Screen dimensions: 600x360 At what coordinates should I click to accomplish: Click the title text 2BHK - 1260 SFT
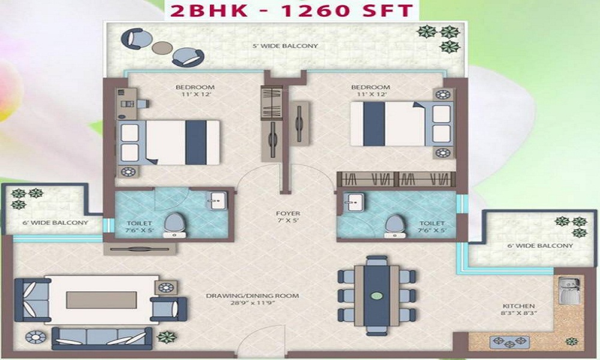click(x=292, y=10)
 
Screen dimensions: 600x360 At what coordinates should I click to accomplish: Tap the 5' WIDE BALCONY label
click(x=286, y=46)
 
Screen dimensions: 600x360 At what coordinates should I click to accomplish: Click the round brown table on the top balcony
click(x=162, y=47)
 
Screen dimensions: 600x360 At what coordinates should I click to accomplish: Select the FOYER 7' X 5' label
click(x=288, y=217)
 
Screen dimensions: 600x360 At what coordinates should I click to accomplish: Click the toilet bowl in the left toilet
click(x=175, y=225)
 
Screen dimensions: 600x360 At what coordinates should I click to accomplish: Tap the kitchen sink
click(x=569, y=291)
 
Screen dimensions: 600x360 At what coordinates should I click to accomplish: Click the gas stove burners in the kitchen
click(x=509, y=341)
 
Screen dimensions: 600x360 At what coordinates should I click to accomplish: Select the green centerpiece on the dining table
click(x=377, y=296)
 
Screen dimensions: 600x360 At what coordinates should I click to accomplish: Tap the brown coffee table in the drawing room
click(x=101, y=300)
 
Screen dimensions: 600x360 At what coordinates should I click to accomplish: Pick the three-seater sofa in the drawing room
click(x=102, y=338)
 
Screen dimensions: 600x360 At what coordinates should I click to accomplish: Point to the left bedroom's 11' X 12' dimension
click(x=196, y=94)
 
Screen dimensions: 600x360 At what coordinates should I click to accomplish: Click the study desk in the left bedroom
click(x=127, y=103)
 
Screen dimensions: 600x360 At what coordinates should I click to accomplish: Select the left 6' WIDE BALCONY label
click(x=55, y=222)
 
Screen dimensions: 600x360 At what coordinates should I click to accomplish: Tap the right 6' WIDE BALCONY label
click(x=540, y=245)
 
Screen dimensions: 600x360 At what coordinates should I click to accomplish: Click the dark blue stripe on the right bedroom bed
click(x=374, y=124)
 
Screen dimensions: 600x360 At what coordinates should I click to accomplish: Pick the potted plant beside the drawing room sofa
click(x=167, y=337)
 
